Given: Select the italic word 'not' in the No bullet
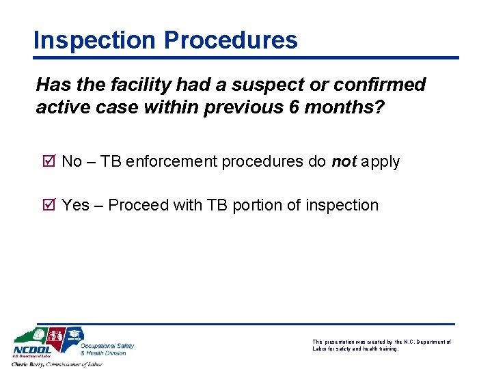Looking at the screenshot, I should point(344,162).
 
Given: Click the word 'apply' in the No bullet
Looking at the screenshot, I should point(381,162).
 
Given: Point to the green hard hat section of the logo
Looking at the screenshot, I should point(38,336).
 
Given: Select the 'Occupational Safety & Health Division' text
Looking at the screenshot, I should point(107,349).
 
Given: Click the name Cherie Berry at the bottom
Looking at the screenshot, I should point(30,364).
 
